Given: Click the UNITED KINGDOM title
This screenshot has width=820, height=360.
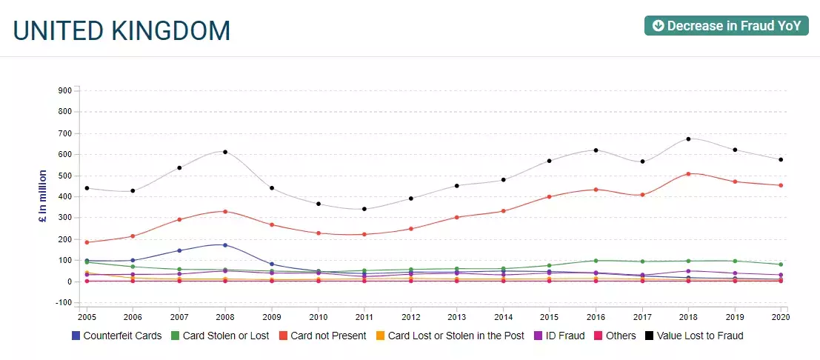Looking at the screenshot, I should (122, 30).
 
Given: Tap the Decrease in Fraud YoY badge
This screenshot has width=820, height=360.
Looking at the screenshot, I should (726, 26).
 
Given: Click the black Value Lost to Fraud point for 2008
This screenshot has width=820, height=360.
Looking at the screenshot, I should (225, 152).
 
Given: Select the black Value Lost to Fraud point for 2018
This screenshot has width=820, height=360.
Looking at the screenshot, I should (688, 139).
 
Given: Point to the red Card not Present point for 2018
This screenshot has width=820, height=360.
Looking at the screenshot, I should (688, 174).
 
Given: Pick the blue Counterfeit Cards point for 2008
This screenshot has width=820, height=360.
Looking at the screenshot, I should (225, 245).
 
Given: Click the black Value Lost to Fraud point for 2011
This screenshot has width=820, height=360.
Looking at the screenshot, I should (364, 209).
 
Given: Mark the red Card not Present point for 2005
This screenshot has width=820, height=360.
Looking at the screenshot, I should (87, 242).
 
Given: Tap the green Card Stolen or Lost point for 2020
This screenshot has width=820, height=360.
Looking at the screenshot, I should (781, 264).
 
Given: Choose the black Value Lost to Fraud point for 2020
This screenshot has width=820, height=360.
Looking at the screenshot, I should (781, 160).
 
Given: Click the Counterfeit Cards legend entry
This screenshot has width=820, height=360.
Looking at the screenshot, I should (116, 336).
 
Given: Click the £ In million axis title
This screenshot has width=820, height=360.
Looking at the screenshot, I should (43, 206).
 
